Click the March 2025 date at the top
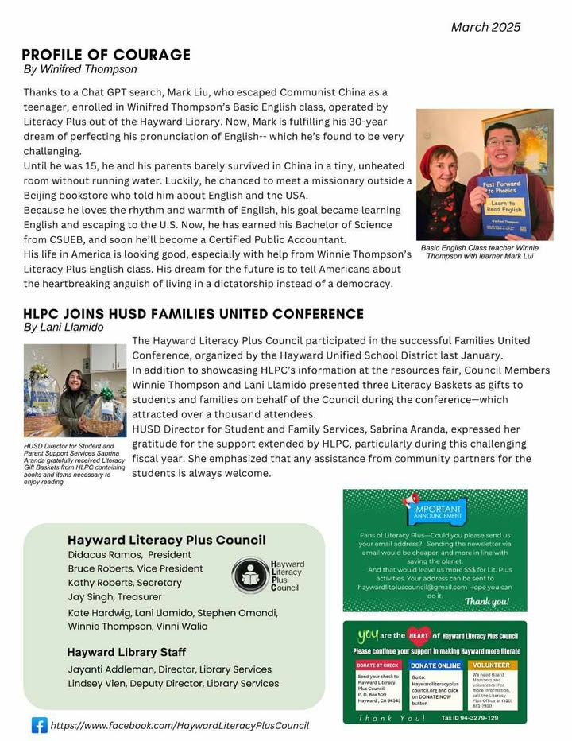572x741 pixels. tap(485, 27)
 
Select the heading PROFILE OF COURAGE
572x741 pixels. tap(106, 55)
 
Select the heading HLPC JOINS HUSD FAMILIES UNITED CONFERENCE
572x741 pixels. tap(193, 314)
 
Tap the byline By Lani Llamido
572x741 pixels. tap(64, 327)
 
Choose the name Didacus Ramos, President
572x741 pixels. tap(129, 554)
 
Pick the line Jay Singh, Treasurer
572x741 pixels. tap(115, 596)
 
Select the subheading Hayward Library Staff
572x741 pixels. tap(126, 652)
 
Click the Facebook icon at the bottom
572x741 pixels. tap(39, 725)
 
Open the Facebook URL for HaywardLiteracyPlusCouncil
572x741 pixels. tap(180, 725)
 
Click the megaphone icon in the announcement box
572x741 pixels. tap(412, 501)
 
